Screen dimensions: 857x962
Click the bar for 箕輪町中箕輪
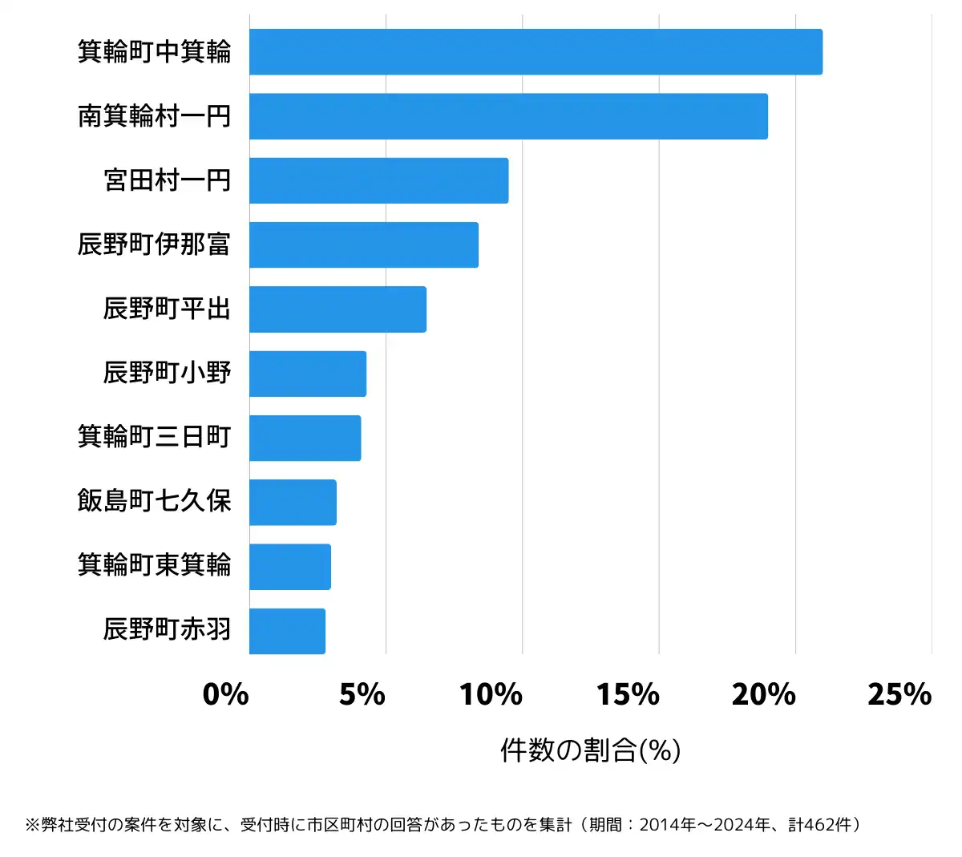pyautogui.click(x=536, y=52)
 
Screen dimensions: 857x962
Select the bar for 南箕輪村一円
pyautogui.click(x=508, y=116)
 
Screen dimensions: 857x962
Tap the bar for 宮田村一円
pyautogui.click(x=378, y=180)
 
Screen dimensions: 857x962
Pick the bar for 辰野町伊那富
pyautogui.click(x=363, y=245)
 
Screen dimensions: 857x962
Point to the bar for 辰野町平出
pyautogui.click(x=338, y=309)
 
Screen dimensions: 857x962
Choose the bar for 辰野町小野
pyautogui.click(x=308, y=374)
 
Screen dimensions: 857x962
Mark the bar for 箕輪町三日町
pyautogui.click(x=305, y=438)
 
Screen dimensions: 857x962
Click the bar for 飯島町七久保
pyautogui.click(x=293, y=503)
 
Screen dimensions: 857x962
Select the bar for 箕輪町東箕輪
pyautogui.click(x=290, y=567)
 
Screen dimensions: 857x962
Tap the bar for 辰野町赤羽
pyautogui.click(x=287, y=631)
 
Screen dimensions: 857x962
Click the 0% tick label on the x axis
pyautogui.click(x=226, y=694)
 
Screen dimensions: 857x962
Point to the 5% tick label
pyautogui.click(x=362, y=694)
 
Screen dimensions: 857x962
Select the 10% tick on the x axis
pyautogui.click(x=491, y=694)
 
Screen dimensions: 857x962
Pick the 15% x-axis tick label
pyautogui.click(x=628, y=694)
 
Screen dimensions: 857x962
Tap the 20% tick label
pyautogui.click(x=764, y=694)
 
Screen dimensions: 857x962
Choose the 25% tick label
pyautogui.click(x=899, y=694)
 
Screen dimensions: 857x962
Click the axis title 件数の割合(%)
pyautogui.click(x=591, y=750)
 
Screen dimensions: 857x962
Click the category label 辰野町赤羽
pyautogui.click(x=167, y=629)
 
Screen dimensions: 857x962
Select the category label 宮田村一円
pyautogui.click(x=167, y=180)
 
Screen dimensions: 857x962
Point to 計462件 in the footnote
pyautogui.click(x=821, y=825)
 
